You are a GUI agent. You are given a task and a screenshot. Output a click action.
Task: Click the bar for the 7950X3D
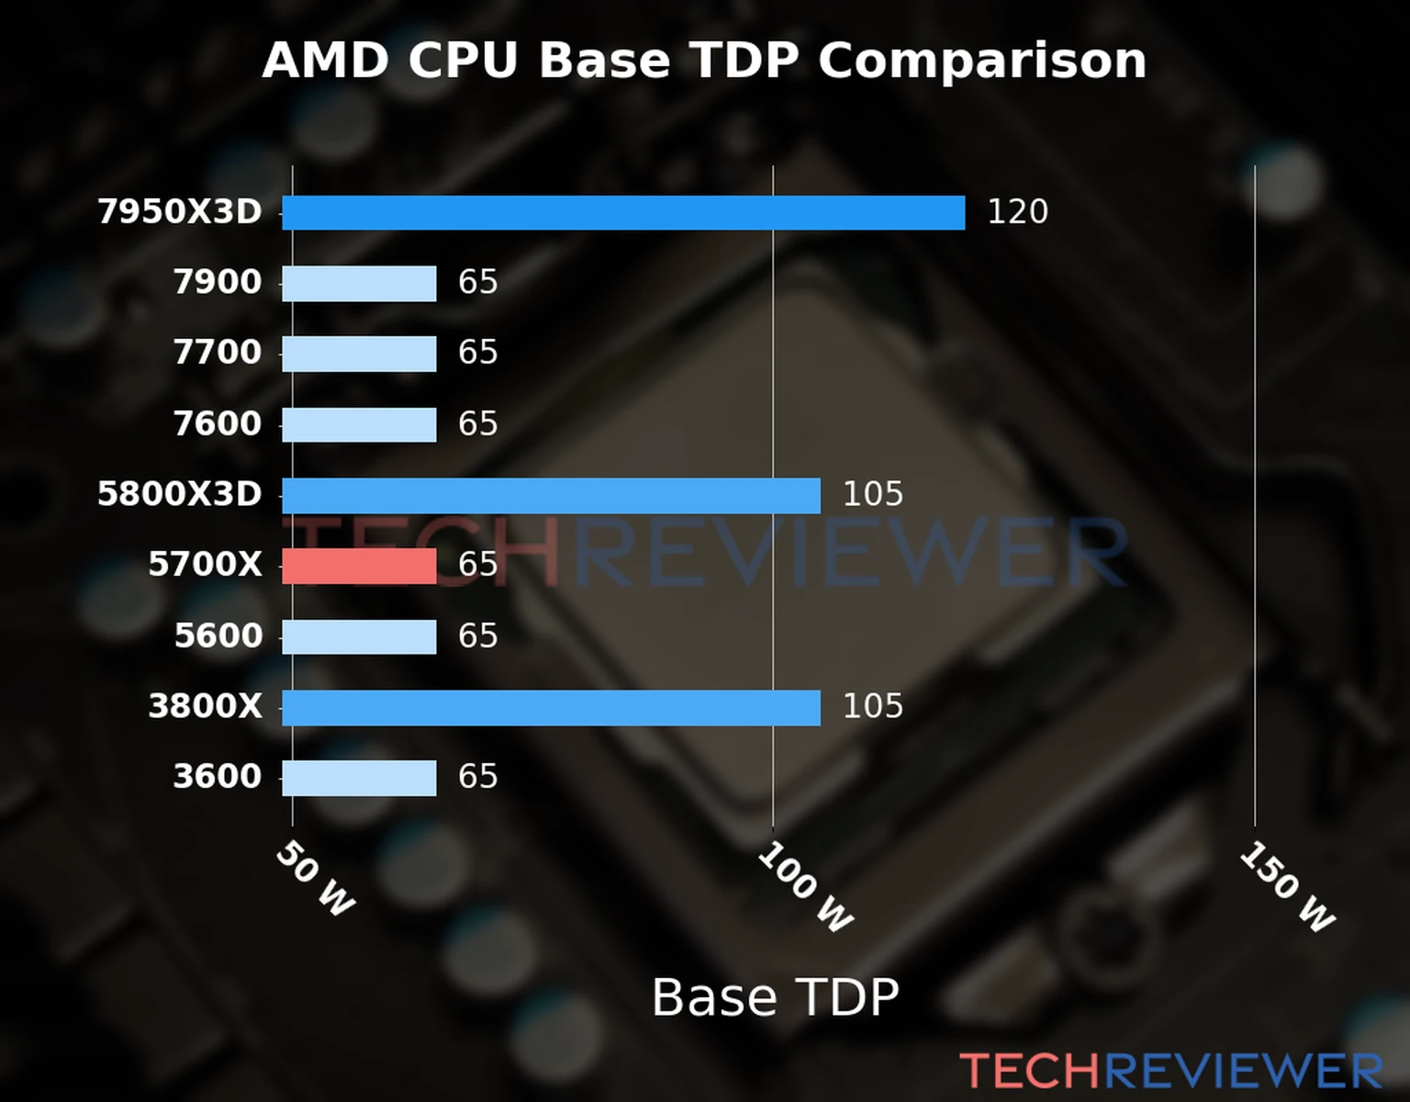623,212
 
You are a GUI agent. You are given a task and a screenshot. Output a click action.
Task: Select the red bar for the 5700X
359,566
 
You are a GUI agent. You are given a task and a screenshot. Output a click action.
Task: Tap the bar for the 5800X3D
551,495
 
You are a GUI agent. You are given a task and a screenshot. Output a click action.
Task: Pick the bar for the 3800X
551,707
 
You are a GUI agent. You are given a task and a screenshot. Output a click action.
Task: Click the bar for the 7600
359,424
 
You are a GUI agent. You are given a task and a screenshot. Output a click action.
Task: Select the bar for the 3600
359,778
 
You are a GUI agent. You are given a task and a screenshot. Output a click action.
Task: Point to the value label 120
1017,212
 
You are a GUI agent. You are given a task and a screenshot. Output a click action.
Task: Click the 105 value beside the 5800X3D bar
872,495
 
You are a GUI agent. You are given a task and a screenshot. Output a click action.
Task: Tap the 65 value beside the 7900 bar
477,282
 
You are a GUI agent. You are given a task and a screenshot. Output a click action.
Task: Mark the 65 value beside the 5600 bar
477,635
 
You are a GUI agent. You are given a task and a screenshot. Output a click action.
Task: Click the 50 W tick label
315,879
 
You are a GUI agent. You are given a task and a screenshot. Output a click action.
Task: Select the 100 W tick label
805,888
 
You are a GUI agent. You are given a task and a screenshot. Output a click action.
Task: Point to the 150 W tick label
1287,888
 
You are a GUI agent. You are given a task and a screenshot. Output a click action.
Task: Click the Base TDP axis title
775,997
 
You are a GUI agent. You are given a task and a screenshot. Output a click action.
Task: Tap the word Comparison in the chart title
981,61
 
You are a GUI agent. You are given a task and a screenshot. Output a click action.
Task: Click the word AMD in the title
326,61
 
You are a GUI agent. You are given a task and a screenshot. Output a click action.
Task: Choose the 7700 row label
218,353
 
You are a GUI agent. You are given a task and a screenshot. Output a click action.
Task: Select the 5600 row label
218,635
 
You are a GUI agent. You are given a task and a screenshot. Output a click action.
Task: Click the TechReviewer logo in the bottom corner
1170,1071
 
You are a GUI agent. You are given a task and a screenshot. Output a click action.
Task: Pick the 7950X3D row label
180,212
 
